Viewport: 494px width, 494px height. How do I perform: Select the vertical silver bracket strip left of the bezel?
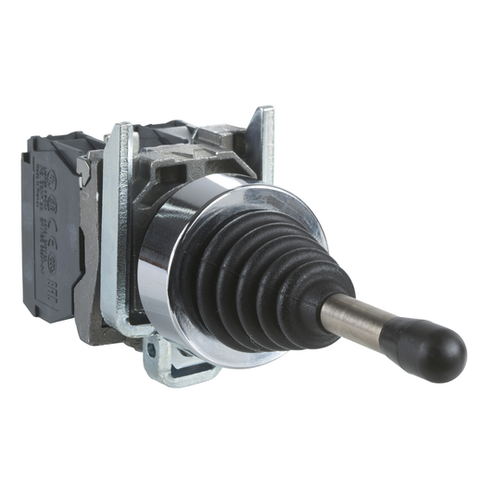point(117,232)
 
